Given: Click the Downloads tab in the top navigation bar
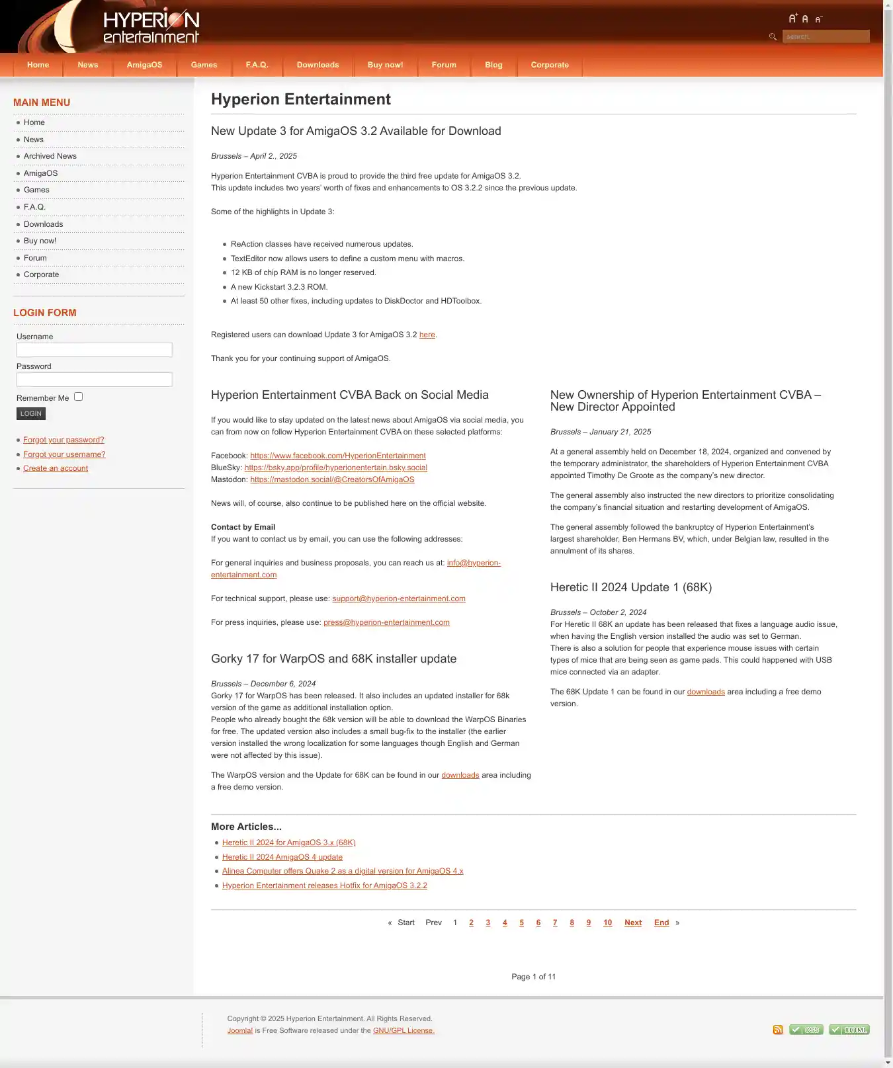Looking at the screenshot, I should (x=318, y=65).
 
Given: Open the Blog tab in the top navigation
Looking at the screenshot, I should (x=493, y=65).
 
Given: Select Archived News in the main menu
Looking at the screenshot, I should (x=50, y=156).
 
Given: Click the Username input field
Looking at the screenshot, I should (x=94, y=350).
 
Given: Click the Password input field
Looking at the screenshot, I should (x=94, y=380).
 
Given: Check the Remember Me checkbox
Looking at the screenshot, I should (x=79, y=397).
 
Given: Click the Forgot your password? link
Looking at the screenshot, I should (x=64, y=440).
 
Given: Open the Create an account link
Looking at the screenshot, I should (x=56, y=468).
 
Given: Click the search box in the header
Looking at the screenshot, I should (x=825, y=36).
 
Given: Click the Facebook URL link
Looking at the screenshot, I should (x=338, y=456).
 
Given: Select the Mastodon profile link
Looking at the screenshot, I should (x=332, y=479).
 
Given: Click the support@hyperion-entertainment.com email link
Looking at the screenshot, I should (x=399, y=598).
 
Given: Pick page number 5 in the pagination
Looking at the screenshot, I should (x=521, y=923).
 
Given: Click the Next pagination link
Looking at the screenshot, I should (x=633, y=923).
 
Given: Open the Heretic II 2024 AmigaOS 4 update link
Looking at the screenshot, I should (x=282, y=857).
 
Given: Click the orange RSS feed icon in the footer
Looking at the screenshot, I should (x=778, y=1030).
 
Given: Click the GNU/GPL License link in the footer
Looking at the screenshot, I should (x=404, y=1030).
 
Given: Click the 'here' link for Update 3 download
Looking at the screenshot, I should (x=427, y=335).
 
